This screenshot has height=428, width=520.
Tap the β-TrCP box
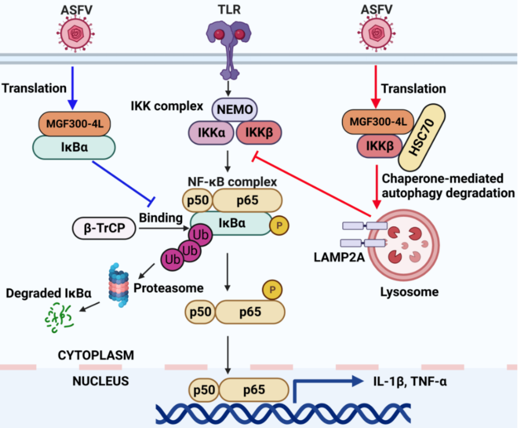(104, 227)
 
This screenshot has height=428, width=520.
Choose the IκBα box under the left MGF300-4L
(73, 147)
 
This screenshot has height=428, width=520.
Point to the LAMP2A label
(329, 259)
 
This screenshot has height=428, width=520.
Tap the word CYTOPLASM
(96, 356)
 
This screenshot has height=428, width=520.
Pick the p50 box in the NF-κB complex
(195, 199)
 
